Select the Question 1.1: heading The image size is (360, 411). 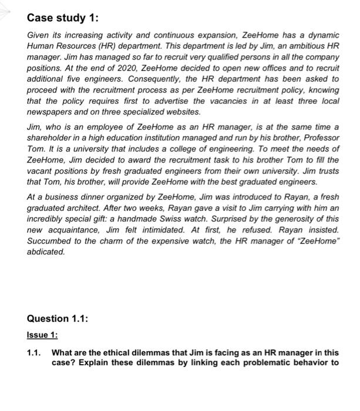[x=58, y=318]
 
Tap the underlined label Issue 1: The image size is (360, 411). [x=42, y=335]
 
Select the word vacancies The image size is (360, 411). [x=238, y=100]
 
